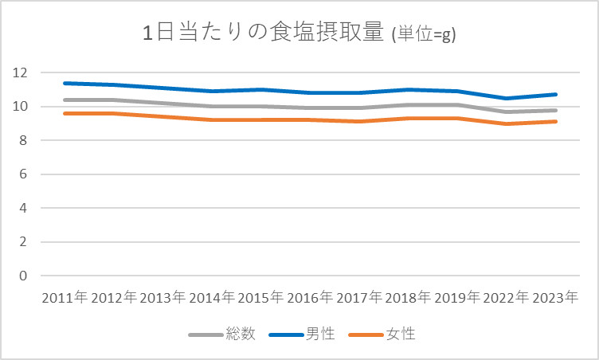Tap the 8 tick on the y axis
tap(23, 140)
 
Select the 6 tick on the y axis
tap(23, 174)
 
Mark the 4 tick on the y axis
tap(23, 208)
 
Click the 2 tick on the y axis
tap(23, 242)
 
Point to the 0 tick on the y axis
tap(23, 276)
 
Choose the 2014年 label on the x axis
tap(211, 298)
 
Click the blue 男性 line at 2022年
tap(507, 98)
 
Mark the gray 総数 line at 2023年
tap(556, 110)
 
